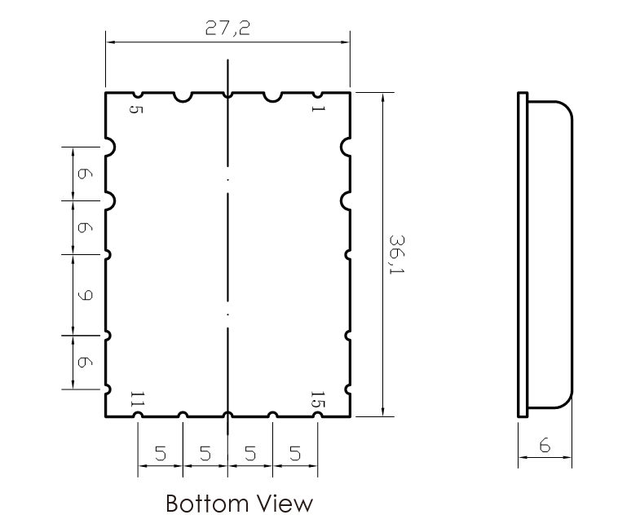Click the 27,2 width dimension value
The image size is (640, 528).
pos(227,29)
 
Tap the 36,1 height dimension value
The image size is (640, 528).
pos(396,254)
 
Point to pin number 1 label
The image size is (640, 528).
pos(318,108)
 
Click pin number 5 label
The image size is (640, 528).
pos(136,109)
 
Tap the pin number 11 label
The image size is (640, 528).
pos(137,399)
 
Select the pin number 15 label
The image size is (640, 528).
pos(317,399)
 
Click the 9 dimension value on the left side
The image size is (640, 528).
pos(85,295)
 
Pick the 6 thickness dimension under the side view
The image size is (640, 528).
pos(545,445)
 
